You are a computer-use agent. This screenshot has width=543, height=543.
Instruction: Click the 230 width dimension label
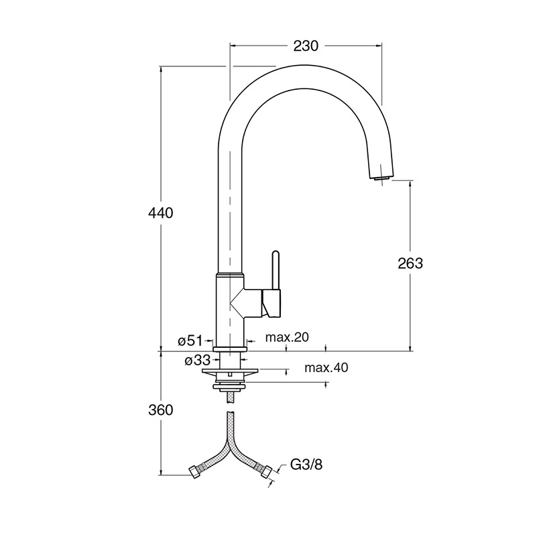(306, 46)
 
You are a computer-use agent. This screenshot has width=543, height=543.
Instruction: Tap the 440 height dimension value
(160, 213)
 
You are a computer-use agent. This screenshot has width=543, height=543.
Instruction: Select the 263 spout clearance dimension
(410, 263)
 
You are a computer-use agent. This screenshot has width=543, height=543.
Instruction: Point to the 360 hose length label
(160, 410)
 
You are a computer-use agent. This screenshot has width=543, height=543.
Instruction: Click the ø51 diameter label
(190, 341)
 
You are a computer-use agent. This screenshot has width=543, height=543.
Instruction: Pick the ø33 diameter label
(197, 361)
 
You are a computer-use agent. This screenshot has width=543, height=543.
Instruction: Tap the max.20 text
(287, 337)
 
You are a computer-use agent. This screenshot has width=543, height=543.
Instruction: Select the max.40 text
(326, 368)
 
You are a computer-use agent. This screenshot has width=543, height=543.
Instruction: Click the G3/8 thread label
(306, 465)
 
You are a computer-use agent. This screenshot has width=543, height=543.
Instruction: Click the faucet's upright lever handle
(276, 269)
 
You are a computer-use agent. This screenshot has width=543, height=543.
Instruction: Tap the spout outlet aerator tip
(382, 177)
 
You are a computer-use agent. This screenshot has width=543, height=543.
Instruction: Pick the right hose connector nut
(266, 472)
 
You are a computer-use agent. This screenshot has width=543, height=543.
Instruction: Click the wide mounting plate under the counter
(230, 372)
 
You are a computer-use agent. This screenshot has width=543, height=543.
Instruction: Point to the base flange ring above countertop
(230, 349)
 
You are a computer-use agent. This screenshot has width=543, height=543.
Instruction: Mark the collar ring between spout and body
(230, 275)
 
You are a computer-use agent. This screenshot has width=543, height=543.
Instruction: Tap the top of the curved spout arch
(305, 66)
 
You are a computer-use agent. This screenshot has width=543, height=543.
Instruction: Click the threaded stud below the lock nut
(230, 397)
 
